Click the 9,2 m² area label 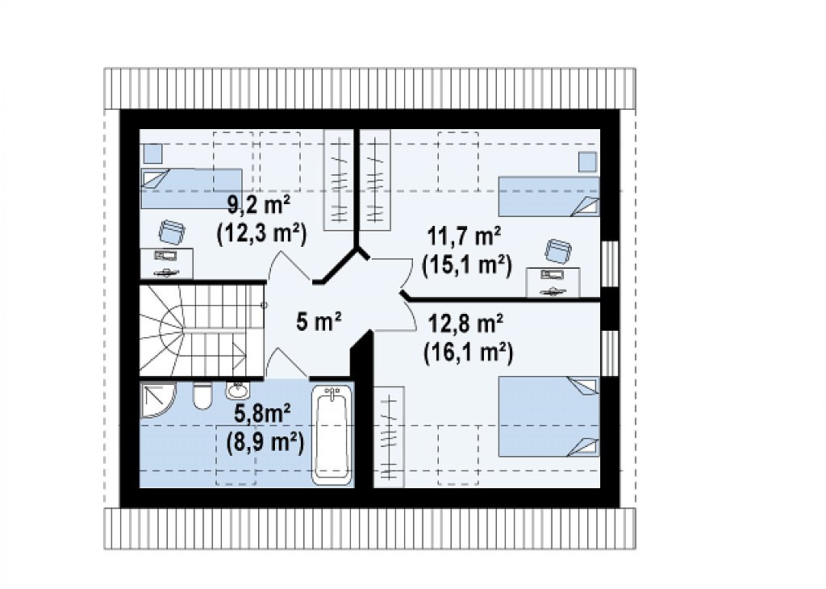[259, 204]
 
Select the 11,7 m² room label [464, 236]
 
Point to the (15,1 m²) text [467, 265]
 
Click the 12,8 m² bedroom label [465, 324]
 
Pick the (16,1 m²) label [469, 352]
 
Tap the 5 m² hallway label [319, 321]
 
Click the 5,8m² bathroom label [262, 414]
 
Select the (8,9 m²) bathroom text [265, 442]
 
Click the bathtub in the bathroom [332, 435]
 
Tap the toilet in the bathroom [202, 395]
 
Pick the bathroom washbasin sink [238, 391]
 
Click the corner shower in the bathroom [157, 399]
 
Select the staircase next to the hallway [201, 330]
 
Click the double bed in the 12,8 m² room [549, 416]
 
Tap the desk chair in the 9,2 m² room [172, 232]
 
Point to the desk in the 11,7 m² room [553, 283]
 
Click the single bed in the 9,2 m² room [191, 189]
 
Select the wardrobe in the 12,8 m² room [390, 437]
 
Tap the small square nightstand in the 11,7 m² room [587, 161]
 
